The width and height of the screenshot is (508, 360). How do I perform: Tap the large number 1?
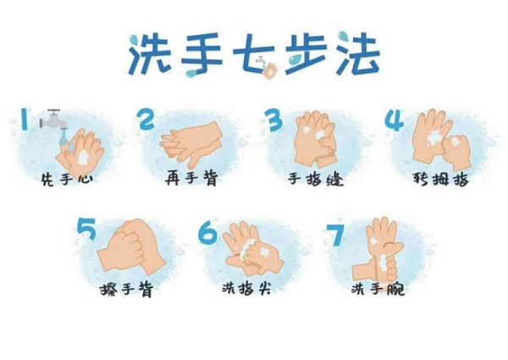pyautogui.click(x=25, y=119)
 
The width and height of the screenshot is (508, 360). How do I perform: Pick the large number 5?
pyautogui.click(x=86, y=229)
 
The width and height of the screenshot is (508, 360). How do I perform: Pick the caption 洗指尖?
pyautogui.click(x=251, y=291)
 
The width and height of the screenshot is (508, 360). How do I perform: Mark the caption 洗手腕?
pyautogui.click(x=378, y=291)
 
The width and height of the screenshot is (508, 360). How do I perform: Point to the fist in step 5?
pyautogui.click(x=131, y=246)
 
